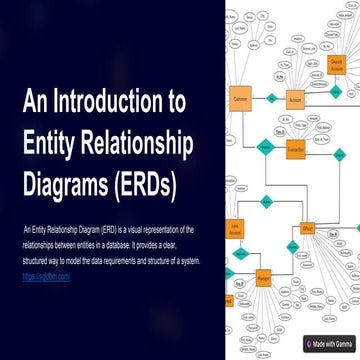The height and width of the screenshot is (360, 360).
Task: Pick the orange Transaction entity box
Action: point(296,148)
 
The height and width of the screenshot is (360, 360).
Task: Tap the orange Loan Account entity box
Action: point(233,229)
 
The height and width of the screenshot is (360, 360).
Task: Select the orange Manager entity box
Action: point(263,273)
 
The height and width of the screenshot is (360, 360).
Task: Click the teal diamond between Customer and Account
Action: point(271,99)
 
